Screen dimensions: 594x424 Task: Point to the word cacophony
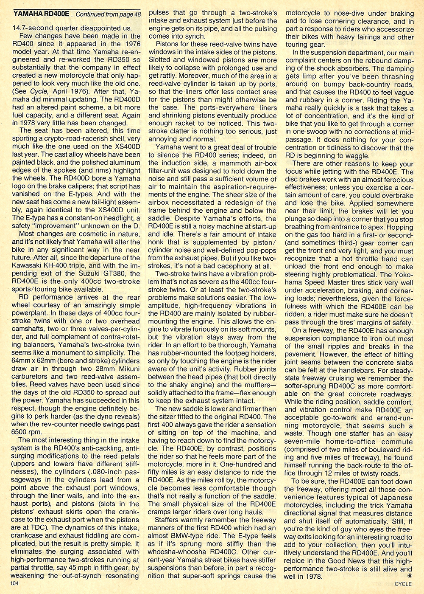[239, 266]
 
